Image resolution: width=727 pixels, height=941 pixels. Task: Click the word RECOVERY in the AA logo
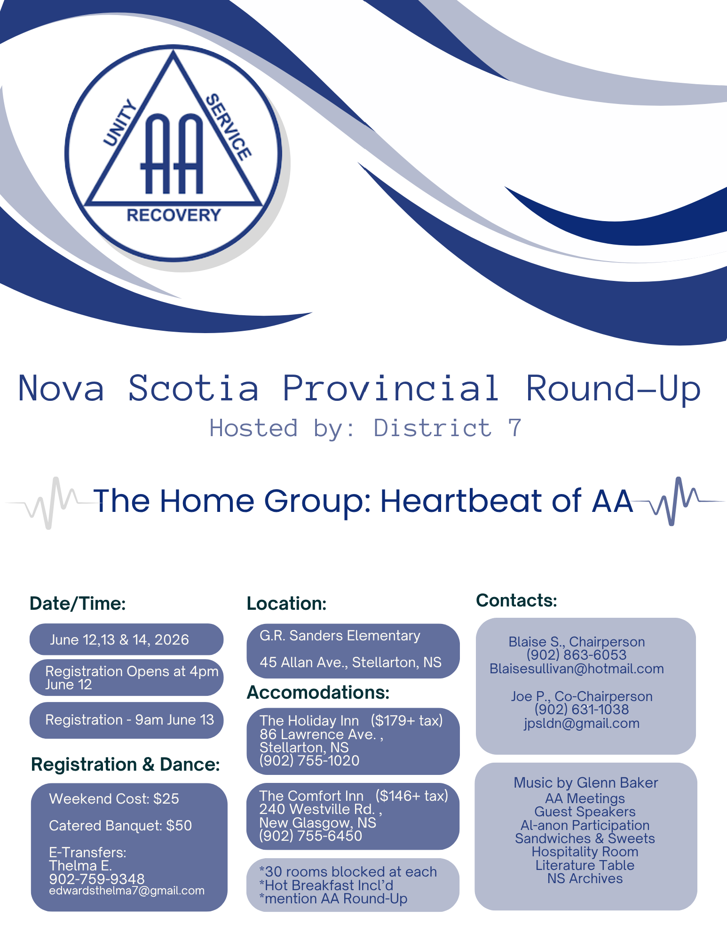pos(174,215)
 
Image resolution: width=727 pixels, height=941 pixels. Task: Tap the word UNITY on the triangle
pos(120,123)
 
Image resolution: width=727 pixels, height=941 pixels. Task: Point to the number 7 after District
pos(515,428)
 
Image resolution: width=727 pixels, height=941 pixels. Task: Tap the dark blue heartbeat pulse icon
pos(677,502)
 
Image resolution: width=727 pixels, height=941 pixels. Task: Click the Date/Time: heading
pos(78,604)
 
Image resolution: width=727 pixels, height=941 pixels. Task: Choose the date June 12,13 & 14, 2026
pos(119,640)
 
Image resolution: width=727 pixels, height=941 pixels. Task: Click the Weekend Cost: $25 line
pos(114,799)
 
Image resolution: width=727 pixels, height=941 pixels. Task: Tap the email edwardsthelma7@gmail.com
pos(126,891)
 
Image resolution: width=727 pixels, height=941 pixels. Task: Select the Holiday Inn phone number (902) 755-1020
pos(309,761)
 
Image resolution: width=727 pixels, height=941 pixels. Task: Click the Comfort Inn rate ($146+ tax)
pos(412,796)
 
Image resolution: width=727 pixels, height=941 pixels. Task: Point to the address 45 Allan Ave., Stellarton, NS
pos(350,662)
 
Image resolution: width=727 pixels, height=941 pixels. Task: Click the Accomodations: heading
pos(318,693)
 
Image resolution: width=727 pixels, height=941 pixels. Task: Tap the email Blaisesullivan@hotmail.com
pos(577,669)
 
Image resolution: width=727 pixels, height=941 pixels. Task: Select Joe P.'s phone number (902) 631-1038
pos(582,710)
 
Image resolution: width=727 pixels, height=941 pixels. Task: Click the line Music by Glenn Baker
pos(585,783)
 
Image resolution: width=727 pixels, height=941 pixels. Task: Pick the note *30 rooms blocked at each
pos(348,872)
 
